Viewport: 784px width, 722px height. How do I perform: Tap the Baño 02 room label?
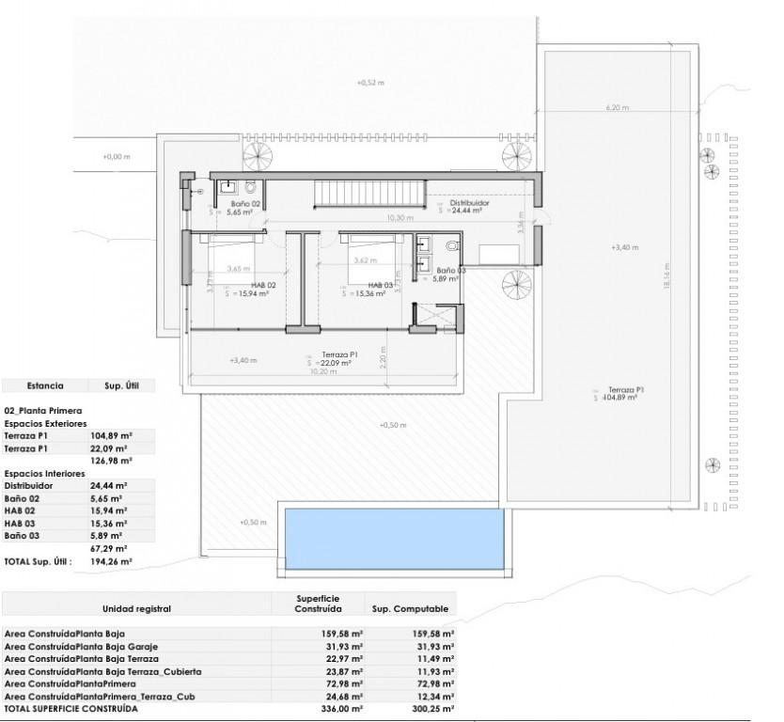coord(245,203)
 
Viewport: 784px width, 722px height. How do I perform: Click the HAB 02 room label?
coord(262,285)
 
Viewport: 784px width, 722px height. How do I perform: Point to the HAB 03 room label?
coord(380,285)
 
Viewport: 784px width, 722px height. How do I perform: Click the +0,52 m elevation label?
coord(371,83)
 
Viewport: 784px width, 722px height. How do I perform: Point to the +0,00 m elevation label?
coord(116,157)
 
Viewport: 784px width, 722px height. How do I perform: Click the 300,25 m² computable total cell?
coord(434,709)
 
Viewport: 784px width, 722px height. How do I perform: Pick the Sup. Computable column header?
coord(410,608)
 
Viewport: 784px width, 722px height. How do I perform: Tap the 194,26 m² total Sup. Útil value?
coord(113,560)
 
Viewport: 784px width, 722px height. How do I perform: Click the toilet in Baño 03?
coord(454,247)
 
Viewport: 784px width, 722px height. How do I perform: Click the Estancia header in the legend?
coord(45,385)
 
